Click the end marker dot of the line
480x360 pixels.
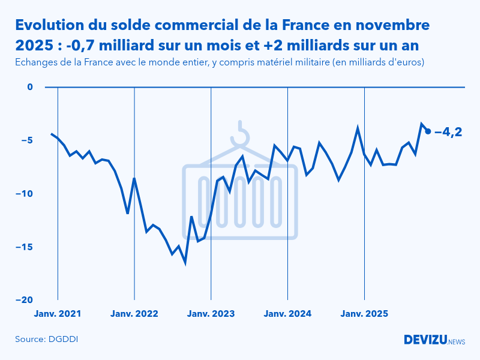[428, 131]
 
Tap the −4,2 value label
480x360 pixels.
[448, 131]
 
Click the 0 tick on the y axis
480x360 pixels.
[30, 87]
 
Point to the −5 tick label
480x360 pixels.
[26, 140]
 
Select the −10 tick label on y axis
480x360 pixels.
[24, 194]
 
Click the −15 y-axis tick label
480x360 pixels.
[24, 247]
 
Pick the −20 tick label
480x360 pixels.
[24, 300]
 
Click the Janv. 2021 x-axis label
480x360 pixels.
[58, 313]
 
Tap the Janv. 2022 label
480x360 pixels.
[134, 313]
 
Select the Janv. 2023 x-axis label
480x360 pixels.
[211, 313]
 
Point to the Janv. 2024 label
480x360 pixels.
[288, 313]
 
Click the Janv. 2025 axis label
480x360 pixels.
[365, 313]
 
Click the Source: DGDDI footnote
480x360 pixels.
[47, 340]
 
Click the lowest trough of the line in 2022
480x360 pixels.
[185, 262]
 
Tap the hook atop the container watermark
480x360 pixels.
[241, 135]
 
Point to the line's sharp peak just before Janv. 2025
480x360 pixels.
[358, 128]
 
